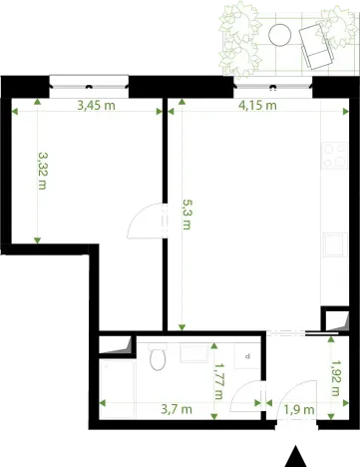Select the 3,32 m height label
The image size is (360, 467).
(42, 171)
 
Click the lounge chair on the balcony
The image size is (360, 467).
(315, 44)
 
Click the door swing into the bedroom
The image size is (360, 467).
(146, 220)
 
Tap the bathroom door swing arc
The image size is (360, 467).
(241, 399)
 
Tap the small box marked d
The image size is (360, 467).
(246, 356)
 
